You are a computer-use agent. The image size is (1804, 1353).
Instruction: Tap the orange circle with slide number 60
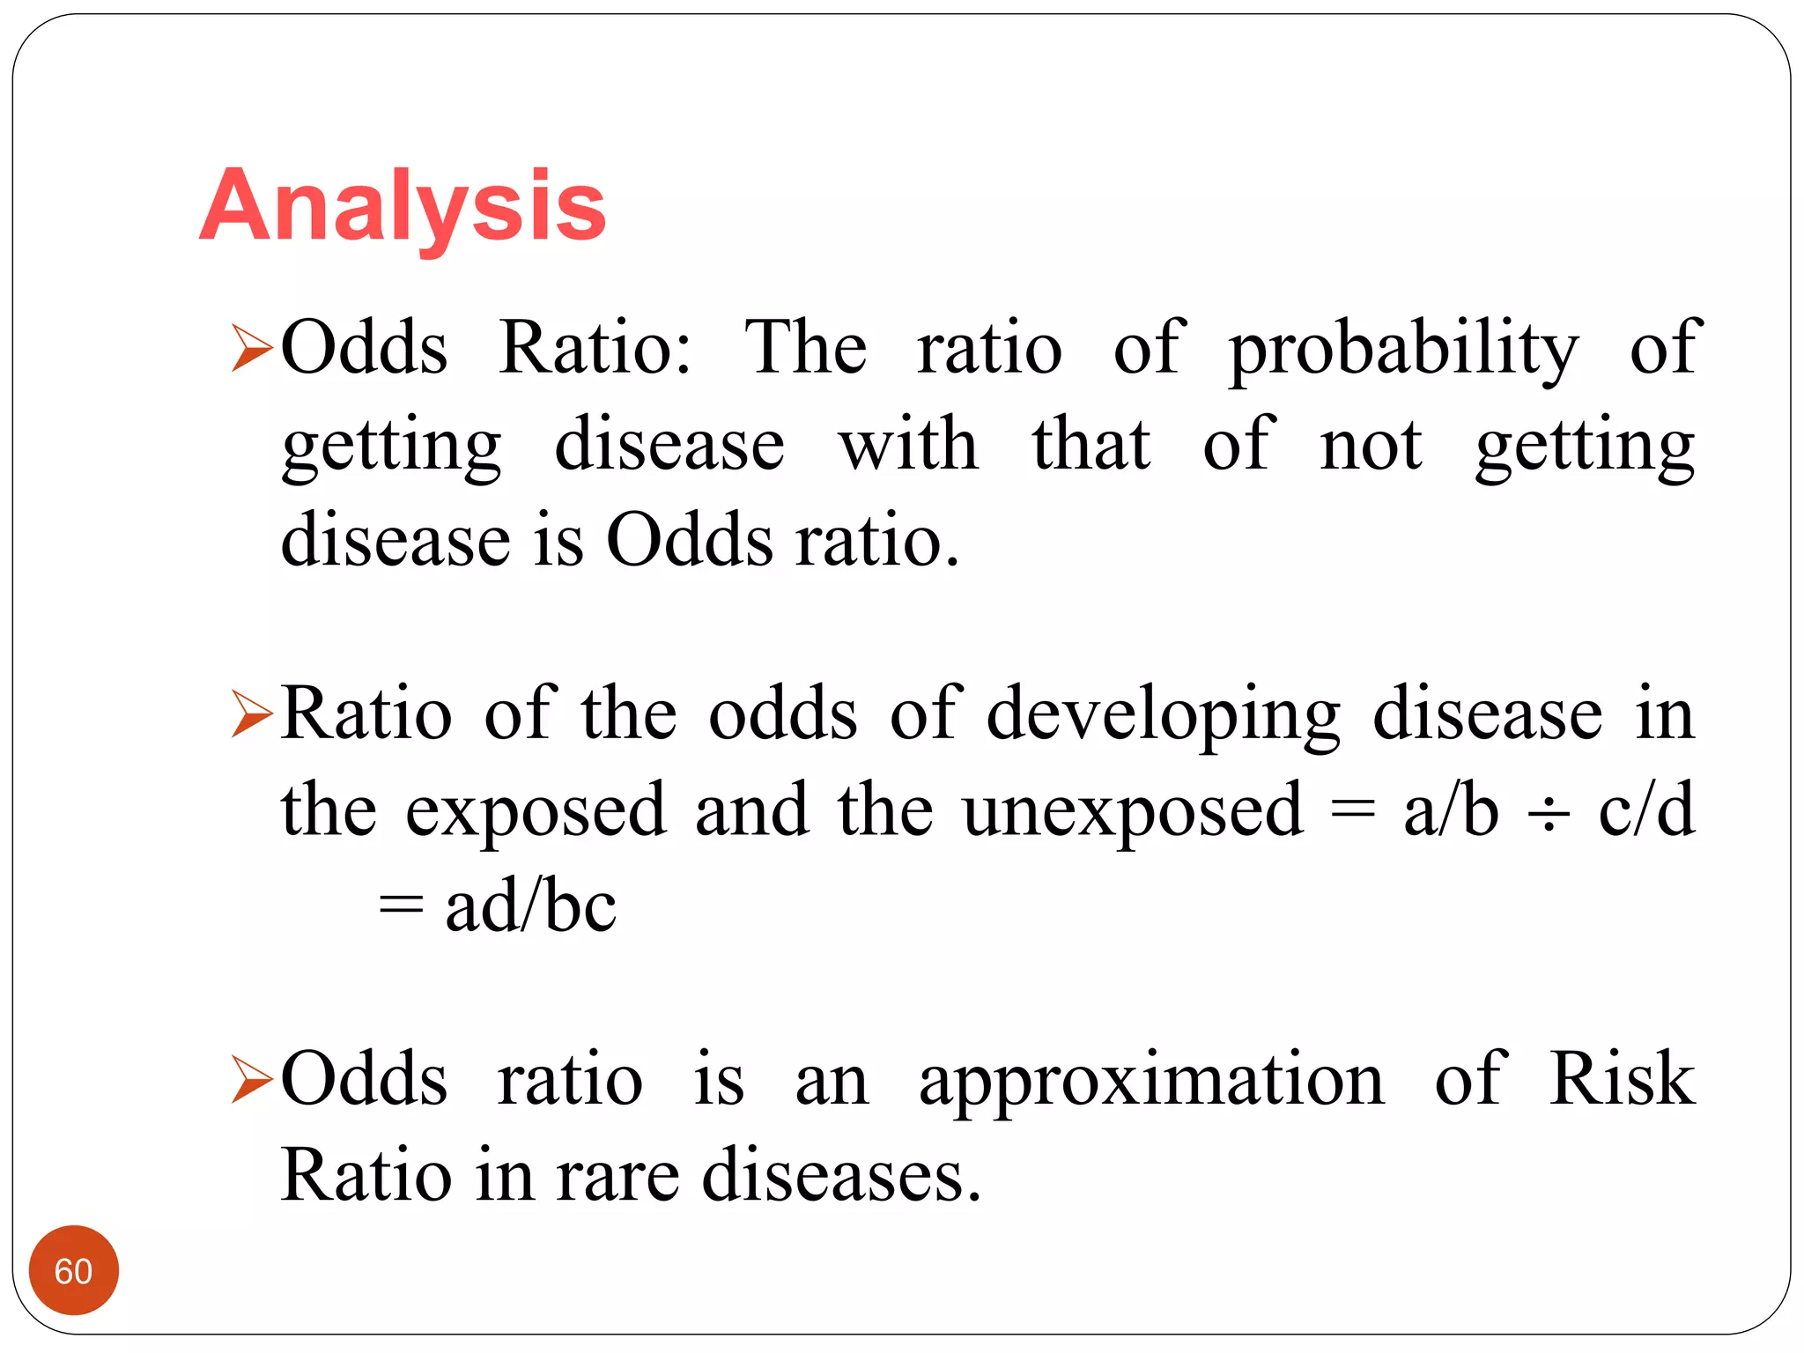coord(74,1270)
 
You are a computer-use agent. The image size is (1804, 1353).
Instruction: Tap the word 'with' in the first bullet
coord(908,444)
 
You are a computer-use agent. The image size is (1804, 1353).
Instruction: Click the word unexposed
coord(1132,810)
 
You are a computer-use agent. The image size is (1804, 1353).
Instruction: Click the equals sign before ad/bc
coord(401,907)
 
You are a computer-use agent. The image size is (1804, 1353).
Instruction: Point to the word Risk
coord(1622,1078)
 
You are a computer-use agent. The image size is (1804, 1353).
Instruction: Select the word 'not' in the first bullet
coord(1371,444)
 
